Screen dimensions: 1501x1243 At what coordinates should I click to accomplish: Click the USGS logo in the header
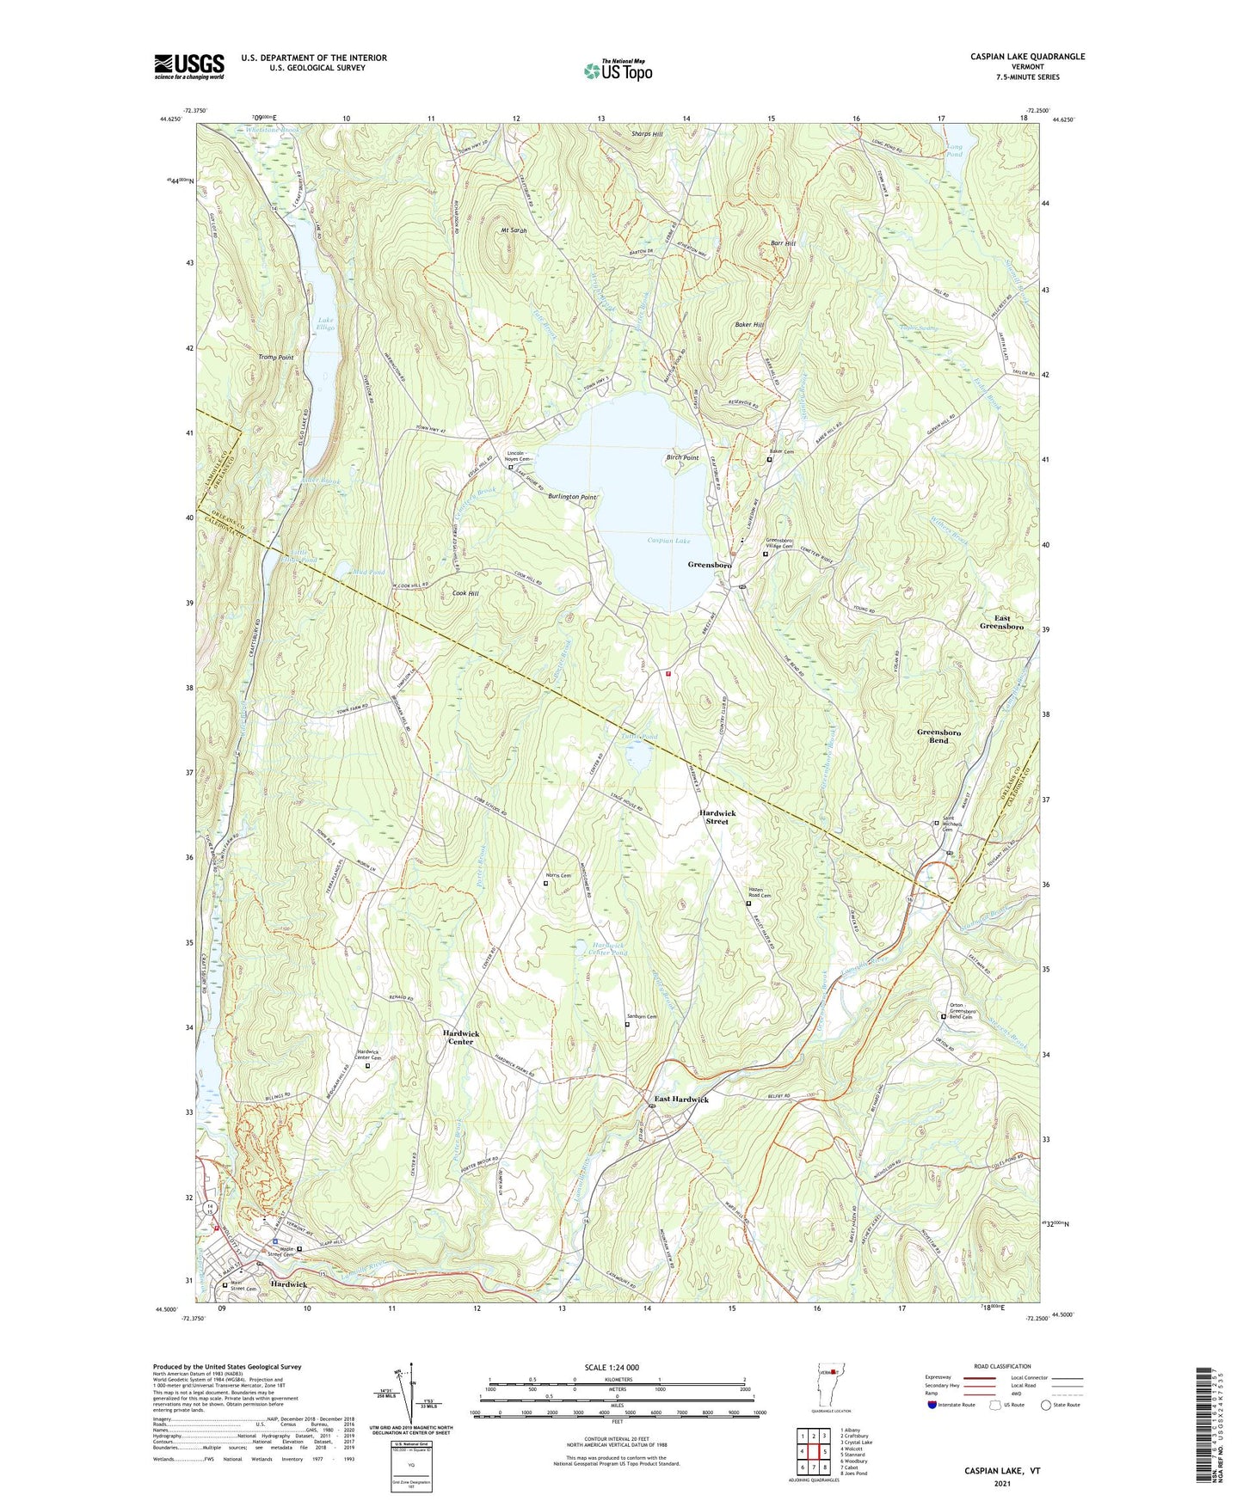pyautogui.click(x=189, y=66)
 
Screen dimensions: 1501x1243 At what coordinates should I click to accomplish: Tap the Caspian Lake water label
pyautogui.click(x=668, y=541)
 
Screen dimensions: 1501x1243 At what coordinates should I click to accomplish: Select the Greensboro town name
pyautogui.click(x=710, y=565)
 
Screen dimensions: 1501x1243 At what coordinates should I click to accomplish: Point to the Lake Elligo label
pyautogui.click(x=325, y=324)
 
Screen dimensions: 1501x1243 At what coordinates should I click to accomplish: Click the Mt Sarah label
pyautogui.click(x=514, y=230)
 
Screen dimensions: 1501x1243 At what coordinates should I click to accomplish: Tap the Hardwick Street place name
pyautogui.click(x=717, y=817)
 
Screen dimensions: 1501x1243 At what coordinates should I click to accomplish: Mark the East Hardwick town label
pyautogui.click(x=681, y=1100)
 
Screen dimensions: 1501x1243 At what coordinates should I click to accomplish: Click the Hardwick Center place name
pyautogui.click(x=460, y=1037)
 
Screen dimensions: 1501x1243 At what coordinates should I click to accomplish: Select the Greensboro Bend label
pyautogui.click(x=938, y=736)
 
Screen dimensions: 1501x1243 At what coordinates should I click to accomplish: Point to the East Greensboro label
pyautogui.click(x=1002, y=622)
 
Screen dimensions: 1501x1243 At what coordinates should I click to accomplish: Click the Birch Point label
pyautogui.click(x=682, y=458)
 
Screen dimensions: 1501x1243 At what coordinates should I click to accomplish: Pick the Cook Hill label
pyautogui.click(x=465, y=593)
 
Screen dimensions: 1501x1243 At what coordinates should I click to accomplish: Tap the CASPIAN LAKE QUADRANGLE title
pyautogui.click(x=1027, y=57)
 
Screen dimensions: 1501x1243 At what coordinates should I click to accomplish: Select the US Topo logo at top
pyautogui.click(x=618, y=70)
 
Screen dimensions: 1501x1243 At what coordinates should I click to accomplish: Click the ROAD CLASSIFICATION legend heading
pyautogui.click(x=1002, y=1366)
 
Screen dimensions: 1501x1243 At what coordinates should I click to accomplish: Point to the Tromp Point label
pyautogui.click(x=276, y=357)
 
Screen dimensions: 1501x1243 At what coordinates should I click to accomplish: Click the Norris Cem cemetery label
pyautogui.click(x=559, y=875)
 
